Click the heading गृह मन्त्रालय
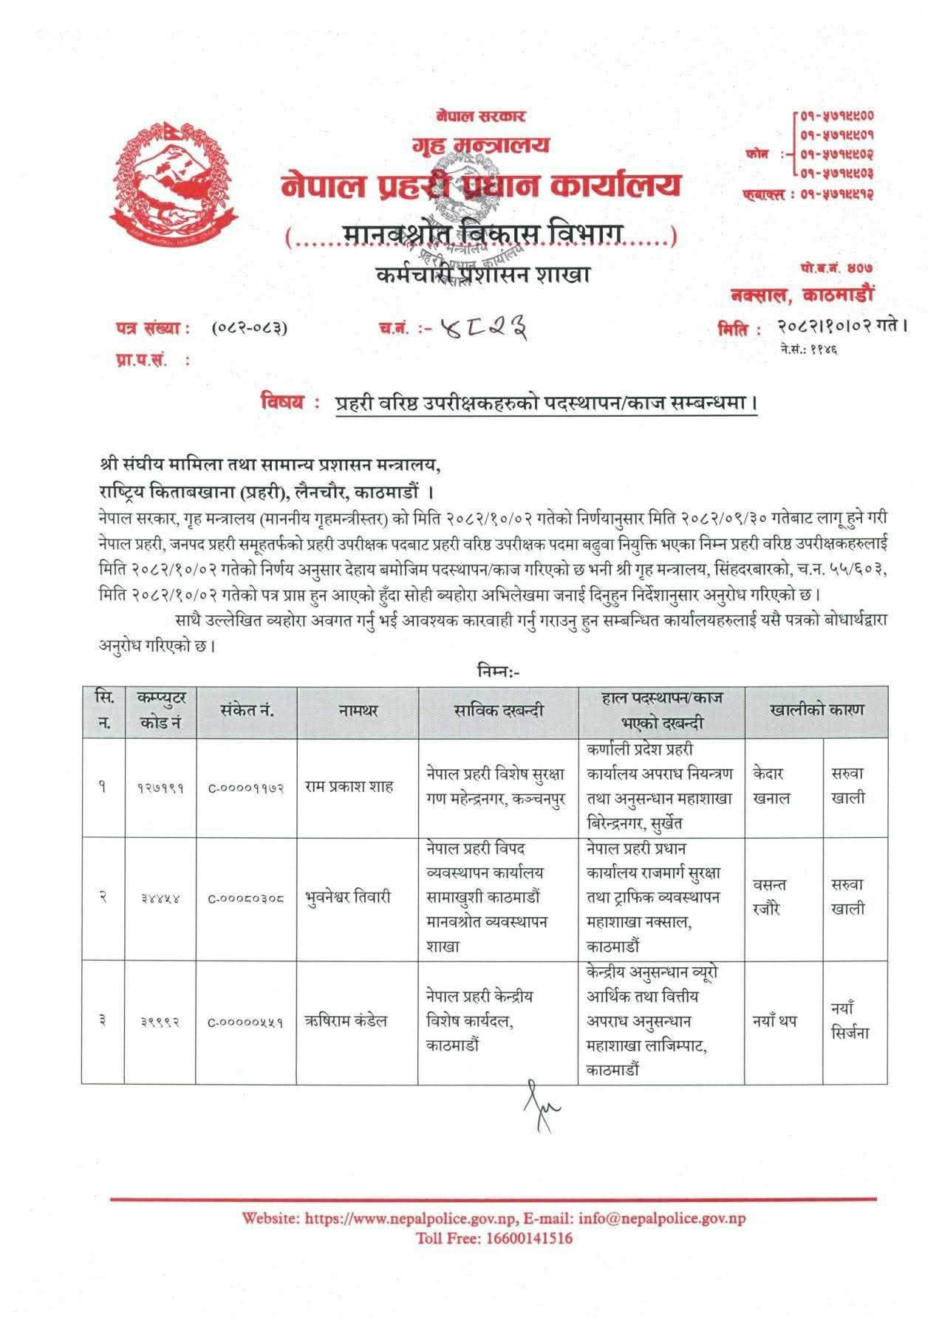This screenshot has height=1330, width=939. point(480,144)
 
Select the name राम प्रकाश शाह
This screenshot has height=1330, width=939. point(349,787)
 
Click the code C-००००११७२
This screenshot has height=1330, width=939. point(246,788)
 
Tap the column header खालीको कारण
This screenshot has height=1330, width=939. point(816,710)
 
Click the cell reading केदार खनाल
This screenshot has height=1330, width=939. point(772,786)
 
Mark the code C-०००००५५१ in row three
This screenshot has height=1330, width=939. point(246,1022)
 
